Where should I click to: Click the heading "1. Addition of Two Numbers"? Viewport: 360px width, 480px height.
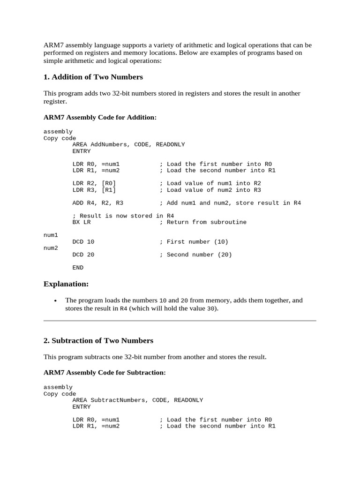[x=93, y=77]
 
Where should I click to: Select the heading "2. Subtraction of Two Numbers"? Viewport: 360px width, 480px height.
[x=98, y=340]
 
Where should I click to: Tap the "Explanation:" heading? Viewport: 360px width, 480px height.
[x=66, y=284]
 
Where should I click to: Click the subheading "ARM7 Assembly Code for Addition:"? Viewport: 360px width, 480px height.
[x=100, y=117]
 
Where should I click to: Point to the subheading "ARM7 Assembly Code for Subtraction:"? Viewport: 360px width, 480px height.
[x=105, y=373]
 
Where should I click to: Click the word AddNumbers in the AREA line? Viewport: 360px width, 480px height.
[x=110, y=145]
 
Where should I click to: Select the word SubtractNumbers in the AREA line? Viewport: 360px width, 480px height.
[x=119, y=400]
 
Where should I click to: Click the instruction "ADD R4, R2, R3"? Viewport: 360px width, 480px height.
[x=98, y=203]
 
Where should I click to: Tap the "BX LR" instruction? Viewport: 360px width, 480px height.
[x=82, y=222]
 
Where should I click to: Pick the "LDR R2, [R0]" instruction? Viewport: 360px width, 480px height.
[x=94, y=183]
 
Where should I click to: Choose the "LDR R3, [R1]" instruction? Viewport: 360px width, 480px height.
[x=94, y=190]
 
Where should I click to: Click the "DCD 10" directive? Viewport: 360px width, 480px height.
[x=83, y=242]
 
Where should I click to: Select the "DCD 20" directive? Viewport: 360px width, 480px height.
[x=83, y=255]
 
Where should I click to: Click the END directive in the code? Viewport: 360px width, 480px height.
[x=78, y=268]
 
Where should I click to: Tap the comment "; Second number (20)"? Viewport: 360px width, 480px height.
[x=195, y=255]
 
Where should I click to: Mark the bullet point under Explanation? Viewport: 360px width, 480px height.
[x=56, y=300]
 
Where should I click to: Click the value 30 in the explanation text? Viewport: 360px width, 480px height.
[x=211, y=309]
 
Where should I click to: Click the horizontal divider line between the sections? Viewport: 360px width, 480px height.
[x=180, y=321]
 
